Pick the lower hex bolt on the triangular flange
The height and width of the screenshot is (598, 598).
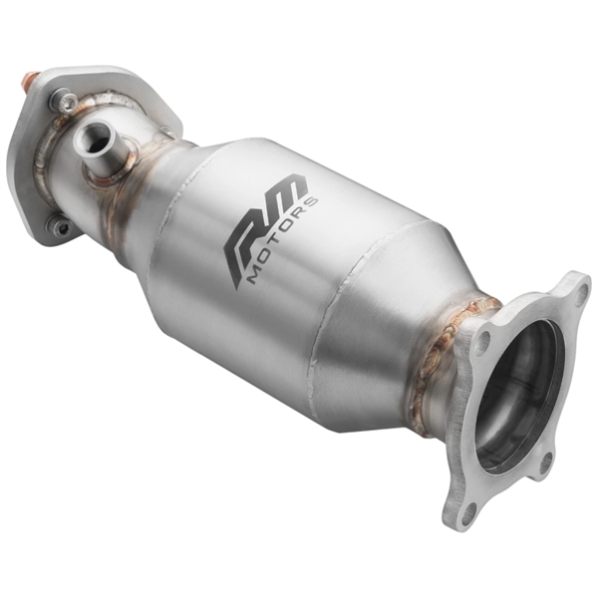(62, 228)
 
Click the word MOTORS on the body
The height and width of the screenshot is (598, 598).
(282, 239)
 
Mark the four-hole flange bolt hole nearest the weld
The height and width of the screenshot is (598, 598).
(482, 341)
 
